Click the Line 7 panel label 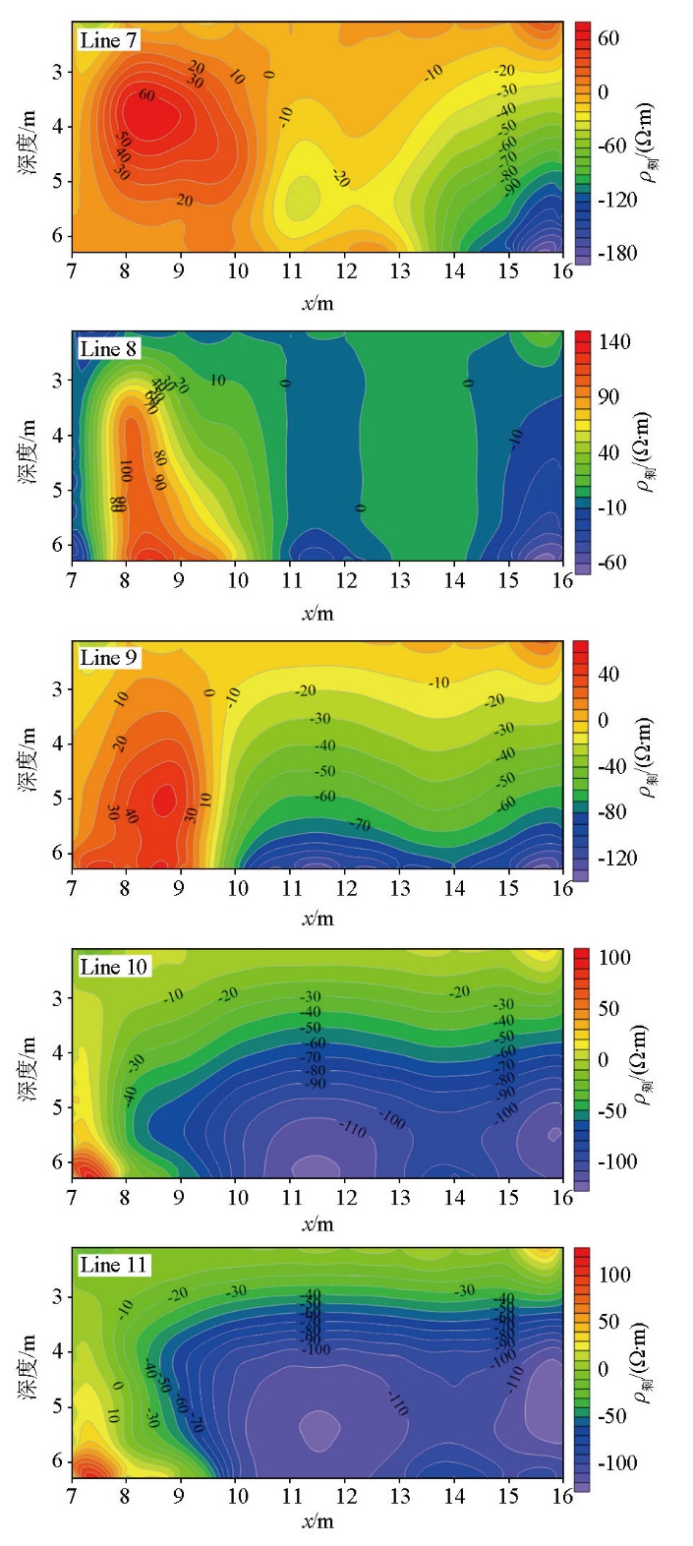(109, 40)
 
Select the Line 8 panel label (109, 349)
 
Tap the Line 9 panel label (109, 658)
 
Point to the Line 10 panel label (113, 967)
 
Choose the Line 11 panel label (113, 1265)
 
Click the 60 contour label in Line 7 (146, 95)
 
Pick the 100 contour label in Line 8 (126, 470)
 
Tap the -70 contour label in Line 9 (360, 824)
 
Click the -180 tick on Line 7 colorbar (617, 254)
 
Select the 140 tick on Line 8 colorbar (614, 342)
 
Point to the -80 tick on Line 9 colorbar (611, 812)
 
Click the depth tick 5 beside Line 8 (57, 489)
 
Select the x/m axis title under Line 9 (317, 919)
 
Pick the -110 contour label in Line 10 (352, 1127)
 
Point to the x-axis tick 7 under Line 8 (72, 580)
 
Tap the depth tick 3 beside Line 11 (57, 1296)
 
